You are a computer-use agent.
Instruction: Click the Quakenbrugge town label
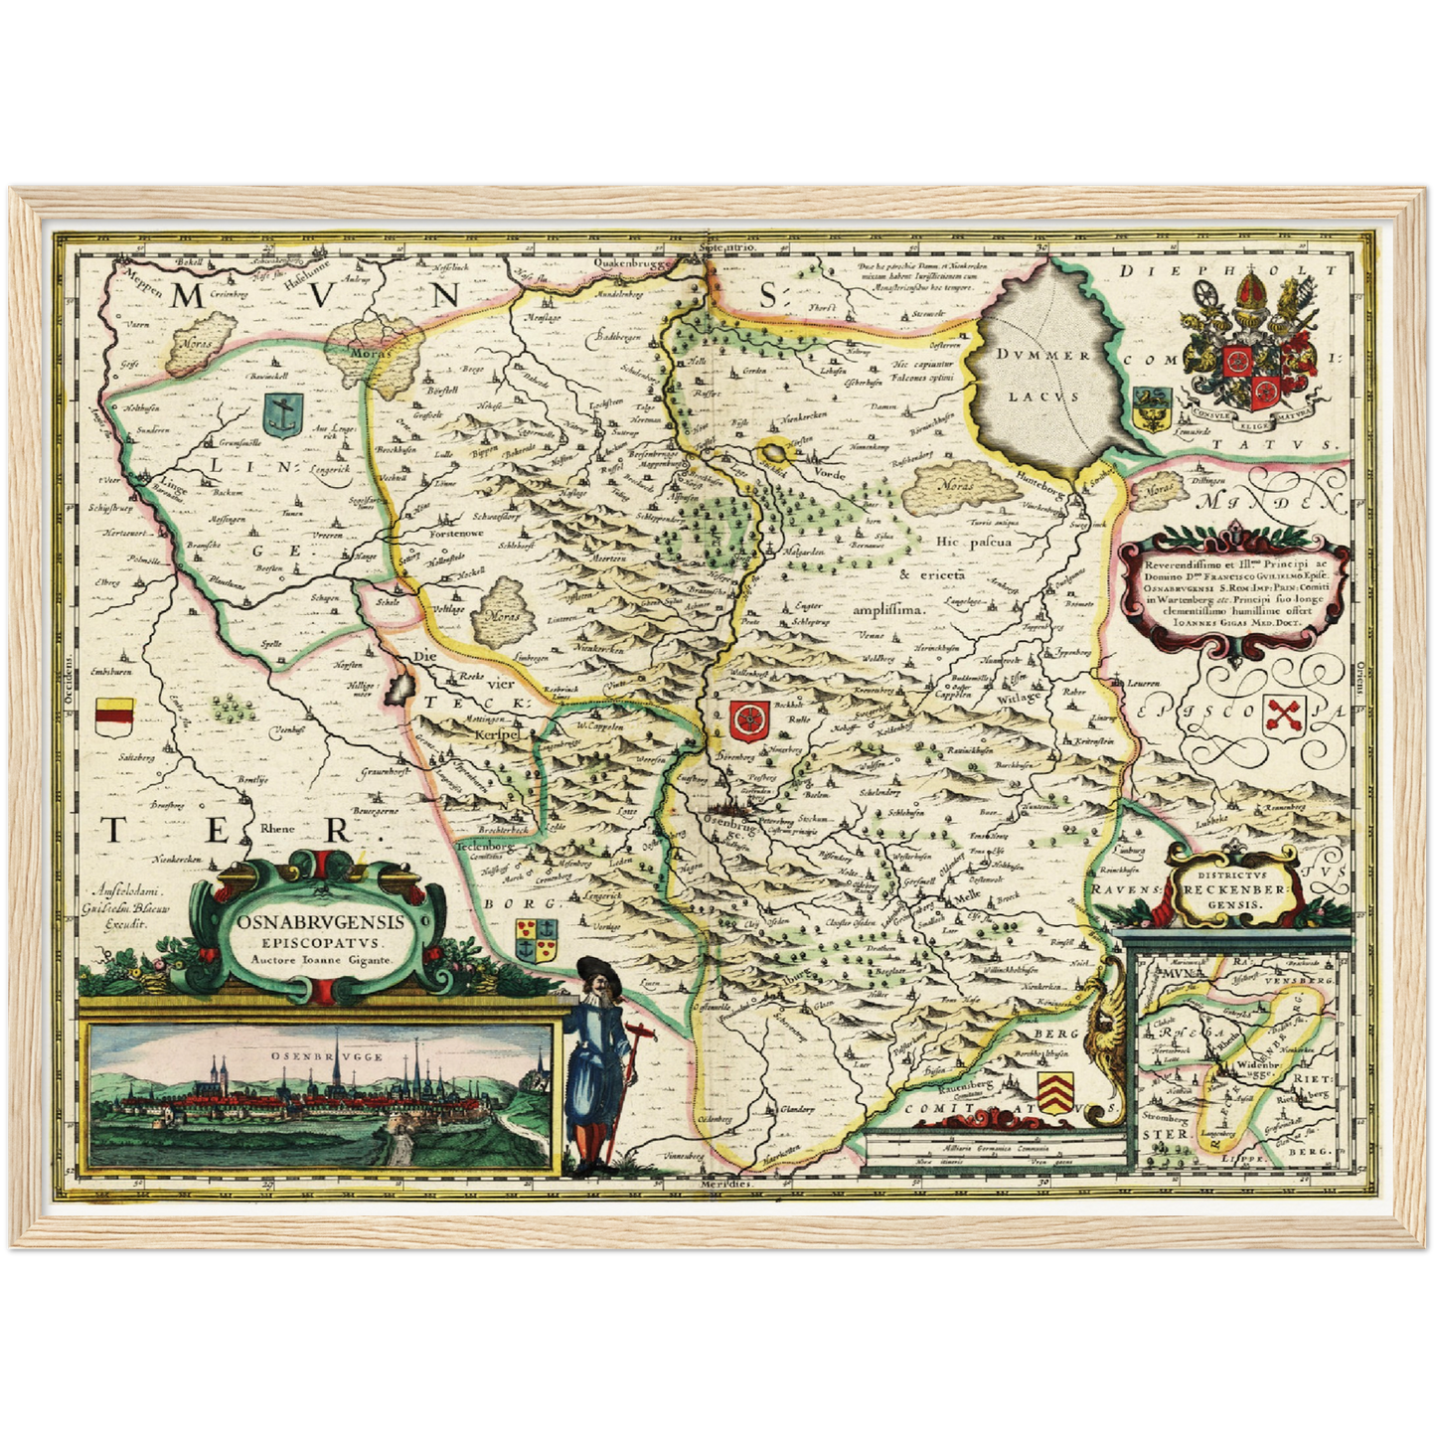click(x=632, y=262)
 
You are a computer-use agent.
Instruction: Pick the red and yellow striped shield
click(x=114, y=717)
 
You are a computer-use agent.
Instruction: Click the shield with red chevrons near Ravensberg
click(x=1054, y=1087)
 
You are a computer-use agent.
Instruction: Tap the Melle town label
click(x=967, y=894)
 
